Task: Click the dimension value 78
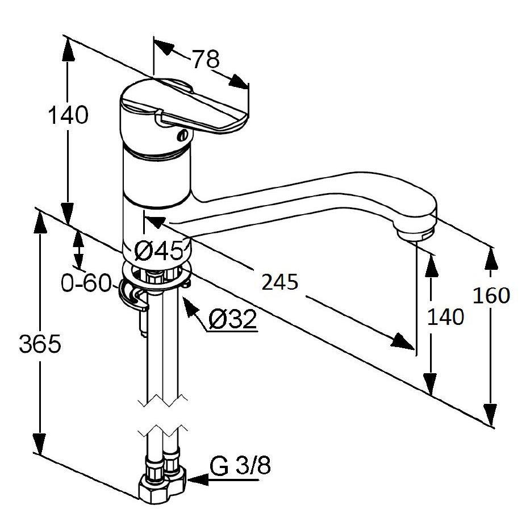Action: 206,59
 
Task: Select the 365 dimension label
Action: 40,344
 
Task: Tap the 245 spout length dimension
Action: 280,282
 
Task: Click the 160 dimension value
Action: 491,295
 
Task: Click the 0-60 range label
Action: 86,282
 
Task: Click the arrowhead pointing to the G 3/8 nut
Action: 198,480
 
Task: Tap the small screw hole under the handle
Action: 183,136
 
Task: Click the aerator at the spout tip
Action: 415,234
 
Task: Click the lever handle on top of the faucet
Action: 185,106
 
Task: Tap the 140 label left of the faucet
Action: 68,115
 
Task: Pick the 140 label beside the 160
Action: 445,316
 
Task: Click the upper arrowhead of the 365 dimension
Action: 40,223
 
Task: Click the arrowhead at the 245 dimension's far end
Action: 402,341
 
